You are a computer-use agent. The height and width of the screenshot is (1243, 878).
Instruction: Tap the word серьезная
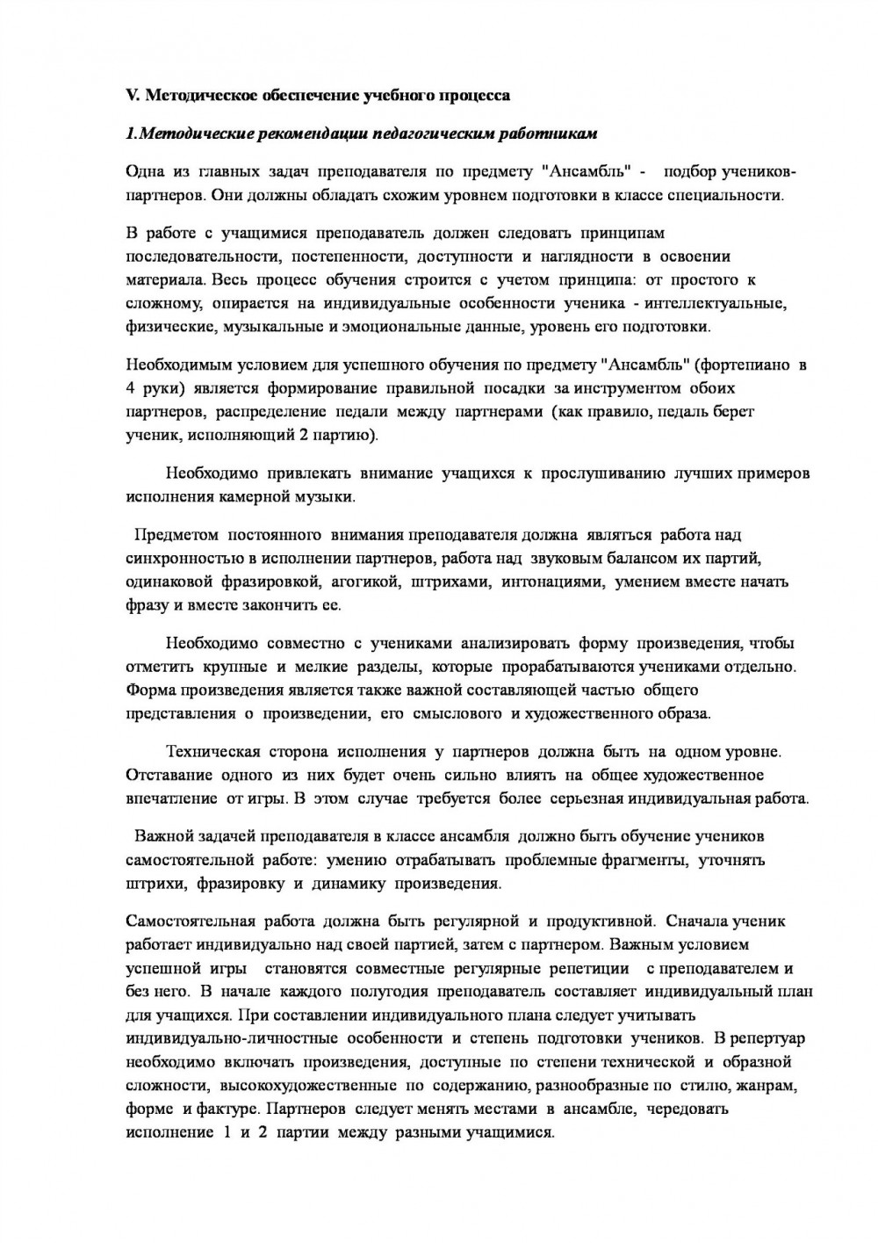coord(593,799)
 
